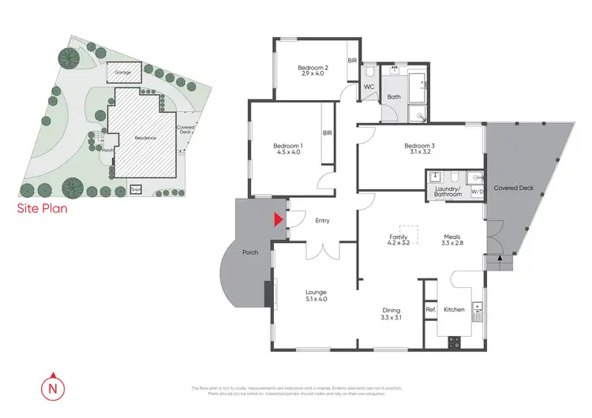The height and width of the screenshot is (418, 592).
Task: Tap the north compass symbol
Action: tap(53, 387)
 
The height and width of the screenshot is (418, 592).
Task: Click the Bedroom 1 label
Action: tap(287, 145)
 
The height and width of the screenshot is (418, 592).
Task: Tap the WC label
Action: tap(369, 88)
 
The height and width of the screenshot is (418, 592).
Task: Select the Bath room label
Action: tap(393, 98)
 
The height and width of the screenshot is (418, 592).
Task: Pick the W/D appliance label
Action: tap(477, 191)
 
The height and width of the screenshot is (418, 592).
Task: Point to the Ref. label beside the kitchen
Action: tap(431, 310)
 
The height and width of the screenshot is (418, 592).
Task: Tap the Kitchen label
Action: tap(455, 310)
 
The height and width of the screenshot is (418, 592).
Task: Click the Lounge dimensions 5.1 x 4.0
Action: tap(316, 300)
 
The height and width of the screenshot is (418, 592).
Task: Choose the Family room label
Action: tap(397, 236)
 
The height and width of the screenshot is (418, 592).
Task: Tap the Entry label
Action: tap(322, 222)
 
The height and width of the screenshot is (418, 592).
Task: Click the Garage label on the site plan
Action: tap(122, 72)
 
